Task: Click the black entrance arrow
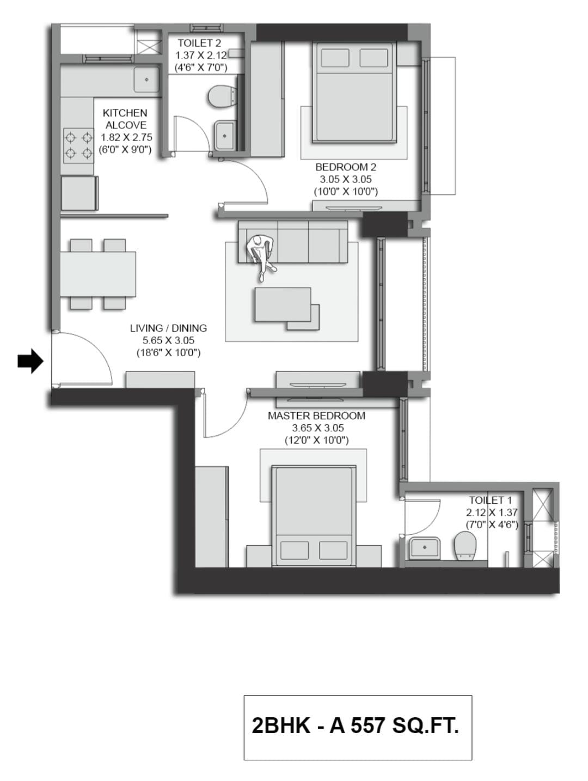click(x=30, y=361)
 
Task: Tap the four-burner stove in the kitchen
click(x=78, y=145)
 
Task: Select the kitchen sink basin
click(x=146, y=80)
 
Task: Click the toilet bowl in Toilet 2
click(x=221, y=96)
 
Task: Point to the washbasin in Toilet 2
click(x=224, y=135)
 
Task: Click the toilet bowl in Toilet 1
click(x=464, y=545)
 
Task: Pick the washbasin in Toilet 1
click(x=424, y=547)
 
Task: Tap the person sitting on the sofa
click(x=262, y=255)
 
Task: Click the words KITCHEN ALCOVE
click(x=125, y=119)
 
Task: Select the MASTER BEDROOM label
click(x=316, y=416)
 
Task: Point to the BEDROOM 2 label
click(x=345, y=167)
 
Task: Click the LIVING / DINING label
click(x=168, y=328)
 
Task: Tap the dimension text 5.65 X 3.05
click(x=168, y=340)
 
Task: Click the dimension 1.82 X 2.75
click(x=126, y=137)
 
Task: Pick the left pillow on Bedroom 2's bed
click(x=335, y=58)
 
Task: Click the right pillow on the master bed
click(x=333, y=550)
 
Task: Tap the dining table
click(x=98, y=274)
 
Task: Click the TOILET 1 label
click(x=490, y=500)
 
